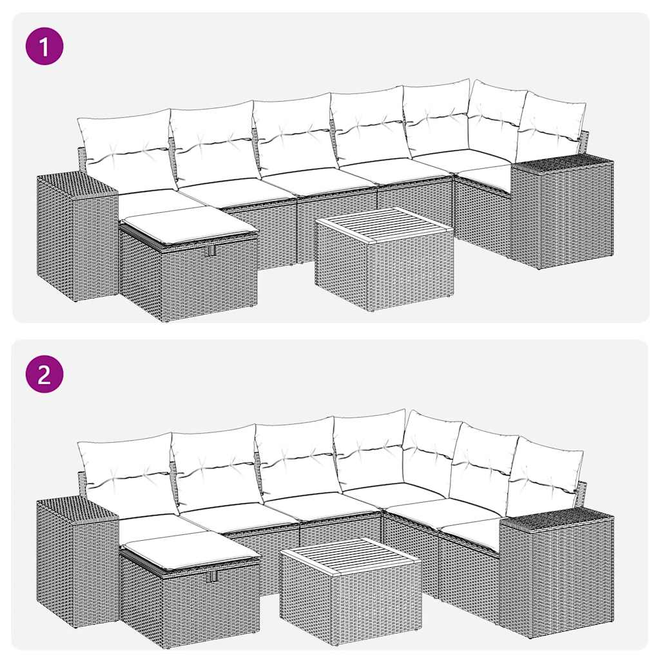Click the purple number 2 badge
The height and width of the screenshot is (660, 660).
point(44,374)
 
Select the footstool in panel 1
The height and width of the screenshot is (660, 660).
point(188,271)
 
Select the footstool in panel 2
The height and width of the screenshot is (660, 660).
point(189,596)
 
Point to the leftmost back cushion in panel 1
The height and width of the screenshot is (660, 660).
point(125,150)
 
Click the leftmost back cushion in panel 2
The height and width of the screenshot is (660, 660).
point(125,474)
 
